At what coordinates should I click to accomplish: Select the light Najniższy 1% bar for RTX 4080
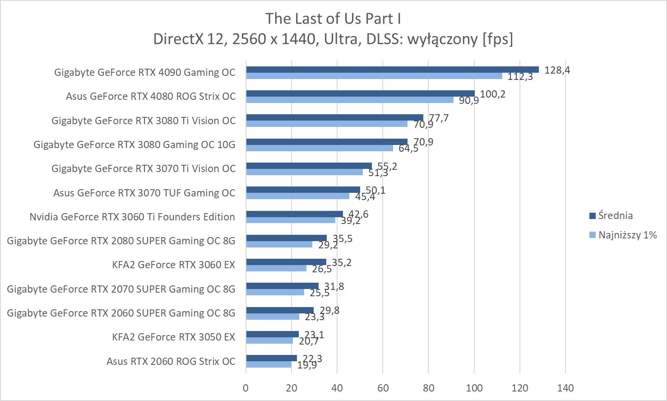pos(349,100)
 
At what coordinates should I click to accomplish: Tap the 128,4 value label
pos(557,70)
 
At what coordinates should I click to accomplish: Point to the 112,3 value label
pos(520,77)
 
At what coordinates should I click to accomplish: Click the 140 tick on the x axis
pos(565,388)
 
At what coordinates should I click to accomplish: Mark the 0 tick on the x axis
pos(246,388)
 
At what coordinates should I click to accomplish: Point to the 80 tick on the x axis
pos(428,388)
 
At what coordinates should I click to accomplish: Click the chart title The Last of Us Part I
pos(333,19)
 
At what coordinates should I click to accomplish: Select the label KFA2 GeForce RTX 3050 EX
pos(173,337)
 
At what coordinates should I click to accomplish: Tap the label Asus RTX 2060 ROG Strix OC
pos(171,361)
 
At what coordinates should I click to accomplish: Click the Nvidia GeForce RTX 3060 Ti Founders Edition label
pos(132,217)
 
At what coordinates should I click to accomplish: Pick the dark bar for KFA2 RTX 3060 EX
pos(286,262)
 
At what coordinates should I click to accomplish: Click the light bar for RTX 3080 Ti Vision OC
pos(326,124)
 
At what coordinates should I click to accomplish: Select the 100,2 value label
pos(492,94)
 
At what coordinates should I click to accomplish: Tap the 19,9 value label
pos(307,365)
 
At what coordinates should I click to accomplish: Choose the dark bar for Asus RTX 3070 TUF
pos(303,190)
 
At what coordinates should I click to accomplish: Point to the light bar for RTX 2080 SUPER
pos(279,244)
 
